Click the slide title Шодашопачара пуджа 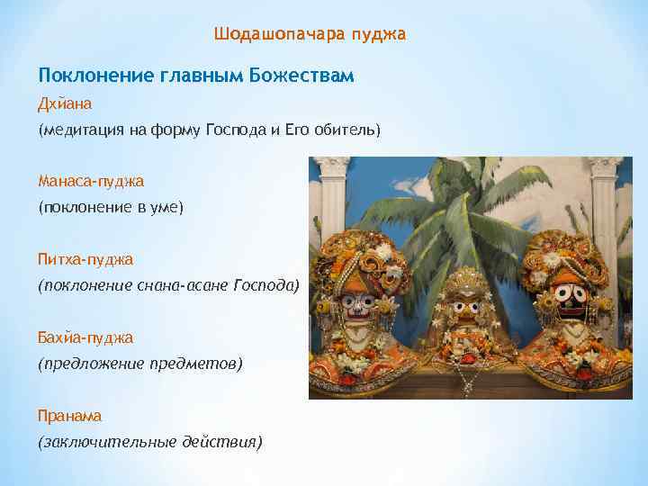click(310, 35)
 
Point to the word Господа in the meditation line click(235, 130)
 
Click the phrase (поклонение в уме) click(110, 207)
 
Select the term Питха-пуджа click(85, 259)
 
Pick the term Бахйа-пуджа click(85, 337)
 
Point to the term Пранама click(69, 416)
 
